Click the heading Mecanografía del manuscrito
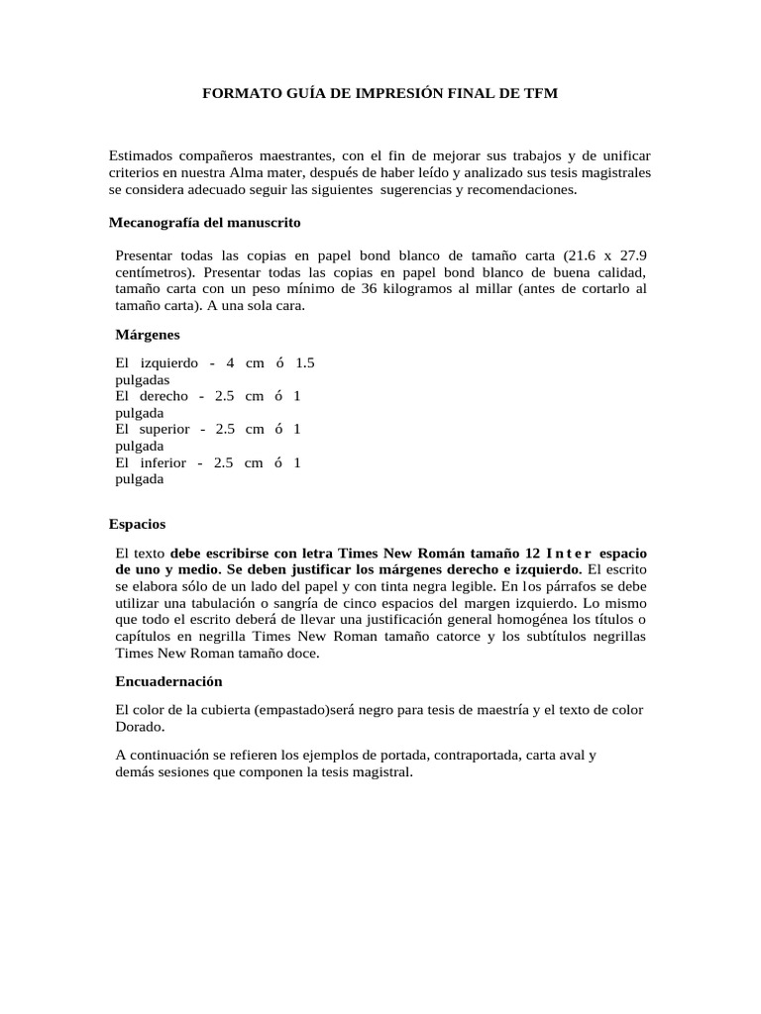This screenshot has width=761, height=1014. (x=204, y=222)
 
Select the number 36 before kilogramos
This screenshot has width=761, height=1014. (x=383, y=288)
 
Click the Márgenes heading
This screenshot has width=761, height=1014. (x=148, y=336)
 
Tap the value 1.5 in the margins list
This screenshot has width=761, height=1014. (x=305, y=362)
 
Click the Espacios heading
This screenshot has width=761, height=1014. (x=137, y=523)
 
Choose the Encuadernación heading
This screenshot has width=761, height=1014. (x=168, y=681)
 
